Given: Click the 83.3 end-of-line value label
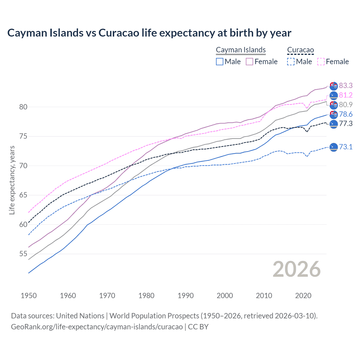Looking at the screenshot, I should click(x=346, y=85).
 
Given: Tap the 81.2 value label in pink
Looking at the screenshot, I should click(x=346, y=95).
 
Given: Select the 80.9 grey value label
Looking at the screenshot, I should click(x=346, y=105).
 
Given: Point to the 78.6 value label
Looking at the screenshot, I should click(x=346, y=114).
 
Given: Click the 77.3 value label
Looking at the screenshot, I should click(x=346, y=123).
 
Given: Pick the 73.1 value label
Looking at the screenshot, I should click(x=346, y=147).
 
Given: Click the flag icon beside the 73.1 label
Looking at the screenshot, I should click(x=334, y=147).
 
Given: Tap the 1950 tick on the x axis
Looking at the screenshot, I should click(x=29, y=296).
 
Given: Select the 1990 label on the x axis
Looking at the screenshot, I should click(x=186, y=296).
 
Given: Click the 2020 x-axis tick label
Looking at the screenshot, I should click(x=303, y=296).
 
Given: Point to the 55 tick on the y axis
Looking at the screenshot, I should click(x=23, y=254).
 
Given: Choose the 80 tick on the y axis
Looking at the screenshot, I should click(x=23, y=107).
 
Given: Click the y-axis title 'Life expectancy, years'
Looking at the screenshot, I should click(x=12, y=180).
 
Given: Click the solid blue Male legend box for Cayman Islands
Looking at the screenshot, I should click(x=220, y=62).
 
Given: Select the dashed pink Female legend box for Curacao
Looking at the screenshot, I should click(x=321, y=62).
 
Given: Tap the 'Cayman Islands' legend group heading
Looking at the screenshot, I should click(x=241, y=50).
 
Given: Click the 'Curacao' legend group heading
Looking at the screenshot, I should click(x=300, y=50).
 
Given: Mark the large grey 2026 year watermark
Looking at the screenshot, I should click(x=297, y=269).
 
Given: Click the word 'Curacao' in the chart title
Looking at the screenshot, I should click(x=119, y=33).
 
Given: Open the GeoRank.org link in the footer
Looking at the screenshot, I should click(x=97, y=327).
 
